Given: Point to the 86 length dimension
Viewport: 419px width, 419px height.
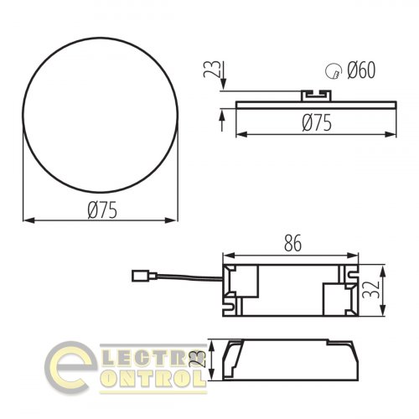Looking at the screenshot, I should pos(292,244).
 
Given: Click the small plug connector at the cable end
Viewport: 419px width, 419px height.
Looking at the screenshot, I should pos(141,272).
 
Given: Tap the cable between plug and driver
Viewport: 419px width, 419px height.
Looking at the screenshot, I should pos(184,278).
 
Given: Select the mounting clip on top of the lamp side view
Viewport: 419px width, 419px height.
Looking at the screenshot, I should pos(318,97).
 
